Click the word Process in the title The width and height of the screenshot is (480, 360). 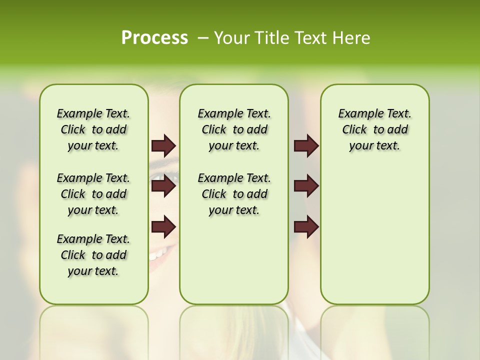click(154, 38)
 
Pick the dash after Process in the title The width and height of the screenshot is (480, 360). click(203, 38)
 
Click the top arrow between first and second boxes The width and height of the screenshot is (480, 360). click(163, 145)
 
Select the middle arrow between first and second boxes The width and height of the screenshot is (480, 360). click(163, 186)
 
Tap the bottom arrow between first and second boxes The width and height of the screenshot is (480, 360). click(163, 226)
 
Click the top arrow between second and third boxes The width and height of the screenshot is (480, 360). click(306, 145)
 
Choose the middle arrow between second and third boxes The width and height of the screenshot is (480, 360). click(306, 186)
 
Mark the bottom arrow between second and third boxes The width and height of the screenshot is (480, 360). click(306, 226)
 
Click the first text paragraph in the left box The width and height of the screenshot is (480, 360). click(93, 129)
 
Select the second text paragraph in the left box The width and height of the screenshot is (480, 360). click(93, 194)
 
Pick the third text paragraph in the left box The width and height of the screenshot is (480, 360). click(93, 255)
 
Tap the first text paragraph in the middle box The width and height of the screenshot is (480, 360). click(234, 129)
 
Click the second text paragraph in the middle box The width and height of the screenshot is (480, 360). click(234, 194)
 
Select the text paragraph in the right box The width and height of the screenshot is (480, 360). click(374, 129)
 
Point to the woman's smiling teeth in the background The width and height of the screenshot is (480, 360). click(159, 254)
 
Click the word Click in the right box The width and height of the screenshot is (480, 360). click(354, 129)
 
